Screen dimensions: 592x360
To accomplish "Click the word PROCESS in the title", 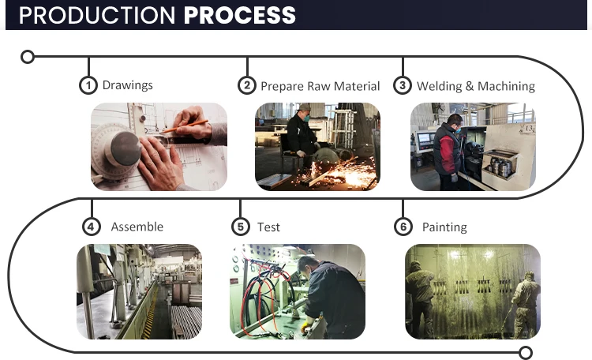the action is (x=240, y=14).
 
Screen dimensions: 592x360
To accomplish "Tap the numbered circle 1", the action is (x=88, y=85).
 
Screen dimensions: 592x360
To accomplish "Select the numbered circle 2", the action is (x=247, y=85).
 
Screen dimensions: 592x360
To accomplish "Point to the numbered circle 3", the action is (x=403, y=85).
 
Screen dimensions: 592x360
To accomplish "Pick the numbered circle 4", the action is (x=92, y=227).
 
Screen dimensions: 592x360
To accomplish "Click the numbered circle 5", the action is (x=240, y=227).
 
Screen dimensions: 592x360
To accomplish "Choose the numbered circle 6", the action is (x=403, y=227).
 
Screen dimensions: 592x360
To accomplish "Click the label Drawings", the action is (x=128, y=85).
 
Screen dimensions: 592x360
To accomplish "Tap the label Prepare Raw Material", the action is (x=320, y=86).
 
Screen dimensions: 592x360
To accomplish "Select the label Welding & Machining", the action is (x=476, y=86).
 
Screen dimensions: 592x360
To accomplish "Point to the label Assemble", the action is (x=137, y=227).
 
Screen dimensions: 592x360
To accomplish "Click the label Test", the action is (x=269, y=227).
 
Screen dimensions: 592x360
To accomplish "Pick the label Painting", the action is (x=444, y=227).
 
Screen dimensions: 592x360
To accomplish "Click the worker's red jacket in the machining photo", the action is (x=447, y=149).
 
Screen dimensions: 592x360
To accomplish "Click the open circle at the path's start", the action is (x=28, y=57).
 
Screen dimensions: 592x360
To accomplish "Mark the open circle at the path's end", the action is (x=526, y=353).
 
